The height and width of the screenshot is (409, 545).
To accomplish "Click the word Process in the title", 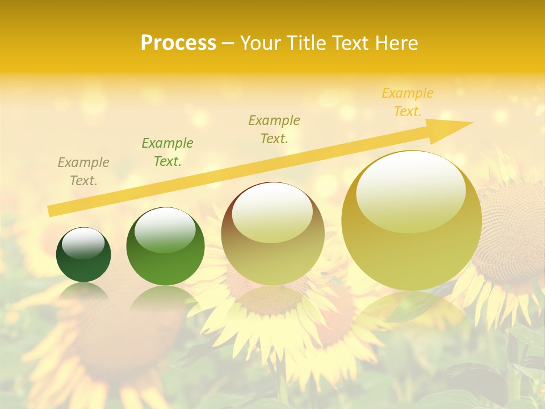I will point(178,43).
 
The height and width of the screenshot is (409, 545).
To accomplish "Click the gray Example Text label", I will point(83,172).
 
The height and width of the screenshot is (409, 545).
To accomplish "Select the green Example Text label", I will point(167,152).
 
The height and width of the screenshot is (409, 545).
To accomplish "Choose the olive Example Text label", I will point(274,130).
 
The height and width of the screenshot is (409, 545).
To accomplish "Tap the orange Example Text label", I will point(408,102).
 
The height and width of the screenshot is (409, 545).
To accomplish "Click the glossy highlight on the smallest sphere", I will point(83,243).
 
